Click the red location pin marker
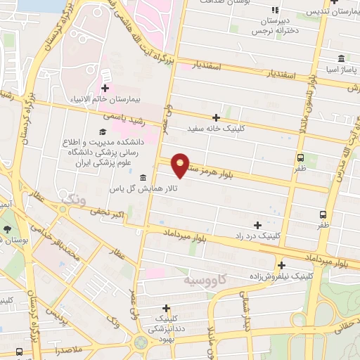181,165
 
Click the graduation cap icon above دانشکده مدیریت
103,131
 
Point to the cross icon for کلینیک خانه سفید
216,117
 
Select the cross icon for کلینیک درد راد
257,226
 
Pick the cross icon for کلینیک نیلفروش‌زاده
281,266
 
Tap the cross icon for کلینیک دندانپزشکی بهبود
166,308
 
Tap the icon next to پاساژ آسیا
341,58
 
